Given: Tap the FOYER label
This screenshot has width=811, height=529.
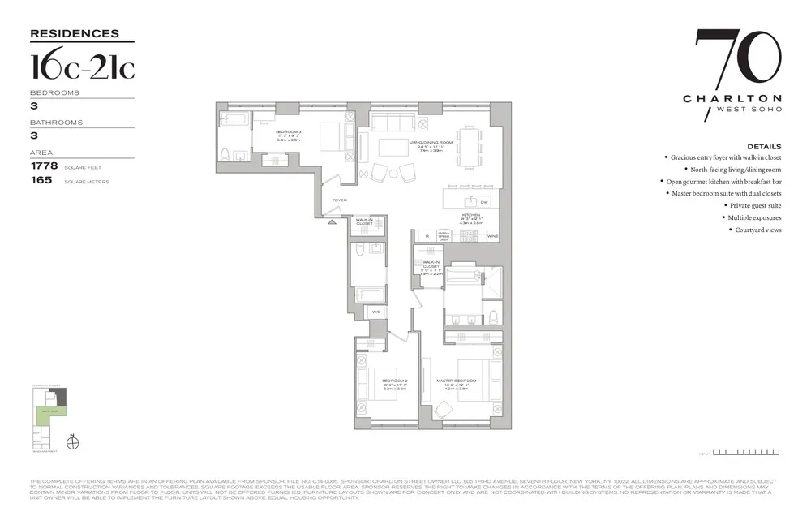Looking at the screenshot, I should click(x=339, y=200).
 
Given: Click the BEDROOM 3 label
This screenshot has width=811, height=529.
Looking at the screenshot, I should click(x=289, y=131).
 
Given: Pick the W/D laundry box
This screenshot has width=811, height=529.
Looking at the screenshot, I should click(x=375, y=311).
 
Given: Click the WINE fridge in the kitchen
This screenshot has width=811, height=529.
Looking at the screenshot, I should click(x=492, y=236).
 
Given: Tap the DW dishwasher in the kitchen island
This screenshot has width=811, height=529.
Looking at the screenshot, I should click(x=484, y=201).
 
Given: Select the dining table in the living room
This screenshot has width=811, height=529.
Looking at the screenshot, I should click(x=469, y=148).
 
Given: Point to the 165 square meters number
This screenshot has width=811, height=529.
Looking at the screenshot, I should click(x=41, y=181).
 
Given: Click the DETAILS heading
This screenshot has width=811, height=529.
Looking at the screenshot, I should click(x=765, y=147).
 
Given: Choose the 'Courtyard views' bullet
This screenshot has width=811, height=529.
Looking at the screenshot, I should click(x=757, y=230).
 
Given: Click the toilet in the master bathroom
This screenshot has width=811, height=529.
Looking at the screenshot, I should click(x=492, y=314).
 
